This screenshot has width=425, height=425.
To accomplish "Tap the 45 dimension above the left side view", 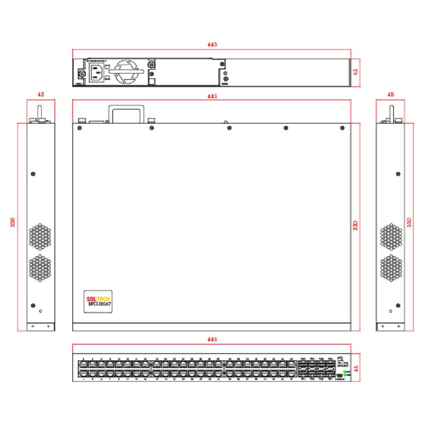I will pyautogui.click(x=41, y=95).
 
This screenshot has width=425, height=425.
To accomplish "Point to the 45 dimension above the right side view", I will pyautogui.click(x=391, y=95).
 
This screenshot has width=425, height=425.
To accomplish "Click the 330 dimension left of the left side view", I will pyautogui.click(x=13, y=222).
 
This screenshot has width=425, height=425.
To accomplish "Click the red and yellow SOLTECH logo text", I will pyautogui.click(x=98, y=299).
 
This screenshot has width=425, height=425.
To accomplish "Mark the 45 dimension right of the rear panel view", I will pyautogui.click(x=356, y=72).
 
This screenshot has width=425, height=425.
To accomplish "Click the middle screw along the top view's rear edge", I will pyautogui.click(x=229, y=128).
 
